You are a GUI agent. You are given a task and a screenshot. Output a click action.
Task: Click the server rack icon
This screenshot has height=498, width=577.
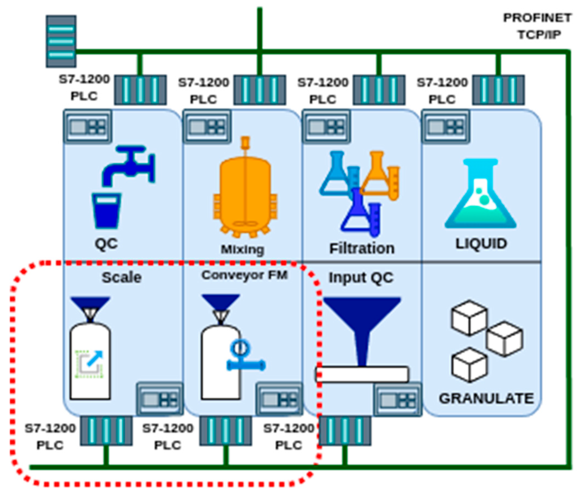tap(61, 41)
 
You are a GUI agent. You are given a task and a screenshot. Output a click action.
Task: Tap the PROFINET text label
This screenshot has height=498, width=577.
tap(537, 18)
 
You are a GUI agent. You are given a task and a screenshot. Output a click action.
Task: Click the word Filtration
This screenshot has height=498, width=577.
tap(362, 248)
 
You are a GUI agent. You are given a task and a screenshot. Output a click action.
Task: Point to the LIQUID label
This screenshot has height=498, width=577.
tap(481, 243)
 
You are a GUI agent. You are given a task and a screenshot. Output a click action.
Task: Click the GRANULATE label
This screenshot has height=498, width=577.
tap(486, 398)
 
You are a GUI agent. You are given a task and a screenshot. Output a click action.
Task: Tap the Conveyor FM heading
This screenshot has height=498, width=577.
tap(245, 275)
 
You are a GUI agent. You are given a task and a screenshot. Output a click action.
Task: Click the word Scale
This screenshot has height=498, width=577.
tap(121, 277)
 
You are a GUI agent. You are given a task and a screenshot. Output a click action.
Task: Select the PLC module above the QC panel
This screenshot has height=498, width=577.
tap(140, 90)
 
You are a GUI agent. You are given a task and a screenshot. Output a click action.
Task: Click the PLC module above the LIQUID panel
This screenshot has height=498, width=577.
tap(498, 90)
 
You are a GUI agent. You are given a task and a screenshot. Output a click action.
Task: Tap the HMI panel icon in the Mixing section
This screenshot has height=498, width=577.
tap(207, 127)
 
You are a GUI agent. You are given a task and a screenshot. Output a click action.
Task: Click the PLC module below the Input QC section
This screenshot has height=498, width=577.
tap(345, 431)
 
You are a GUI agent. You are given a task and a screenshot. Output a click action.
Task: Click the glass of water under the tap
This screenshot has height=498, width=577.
tap(106, 210)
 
